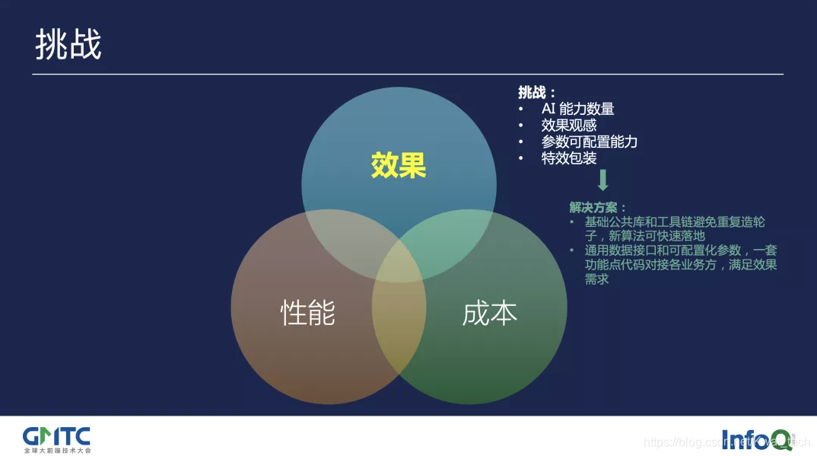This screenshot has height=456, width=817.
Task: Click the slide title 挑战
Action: click(68, 46)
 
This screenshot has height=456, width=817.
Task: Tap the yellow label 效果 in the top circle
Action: click(399, 165)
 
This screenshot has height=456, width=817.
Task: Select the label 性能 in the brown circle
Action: click(308, 312)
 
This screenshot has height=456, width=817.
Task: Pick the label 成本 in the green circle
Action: click(489, 312)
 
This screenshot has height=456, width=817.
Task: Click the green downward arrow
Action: click(603, 180)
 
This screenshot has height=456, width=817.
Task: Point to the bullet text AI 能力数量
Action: click(577, 109)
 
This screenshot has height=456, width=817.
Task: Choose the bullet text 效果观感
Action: click(568, 126)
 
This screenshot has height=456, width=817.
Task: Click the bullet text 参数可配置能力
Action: click(589, 142)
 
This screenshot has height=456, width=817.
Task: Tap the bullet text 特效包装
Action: click(568, 158)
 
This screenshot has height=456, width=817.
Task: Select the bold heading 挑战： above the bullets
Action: click(537, 92)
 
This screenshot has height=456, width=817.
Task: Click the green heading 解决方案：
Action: click(598, 207)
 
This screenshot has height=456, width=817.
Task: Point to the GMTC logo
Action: click(56, 436)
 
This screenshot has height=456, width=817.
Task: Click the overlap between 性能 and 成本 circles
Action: click(399, 335)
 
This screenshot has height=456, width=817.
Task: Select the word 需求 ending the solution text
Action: click(596, 279)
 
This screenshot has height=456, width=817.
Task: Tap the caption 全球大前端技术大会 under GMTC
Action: click(56, 450)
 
